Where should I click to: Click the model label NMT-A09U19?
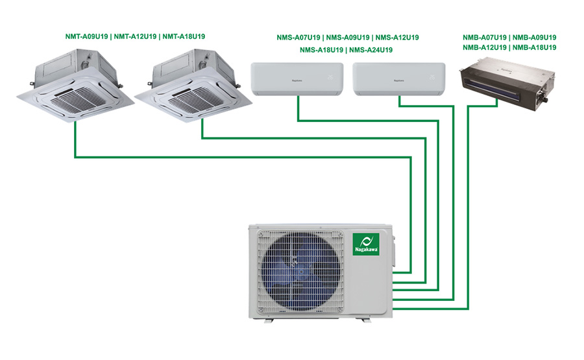click(88, 36)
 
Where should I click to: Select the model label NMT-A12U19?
click(136, 36)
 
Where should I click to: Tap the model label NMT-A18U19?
click(185, 36)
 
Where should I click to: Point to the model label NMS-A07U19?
click(298, 37)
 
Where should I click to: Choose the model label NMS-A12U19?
click(396, 37)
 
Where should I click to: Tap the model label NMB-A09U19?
click(534, 37)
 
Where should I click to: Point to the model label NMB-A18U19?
click(534, 47)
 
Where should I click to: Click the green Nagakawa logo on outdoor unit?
click(366, 245)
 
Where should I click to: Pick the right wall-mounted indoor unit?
click(398, 78)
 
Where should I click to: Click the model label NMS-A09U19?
click(347, 37)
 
